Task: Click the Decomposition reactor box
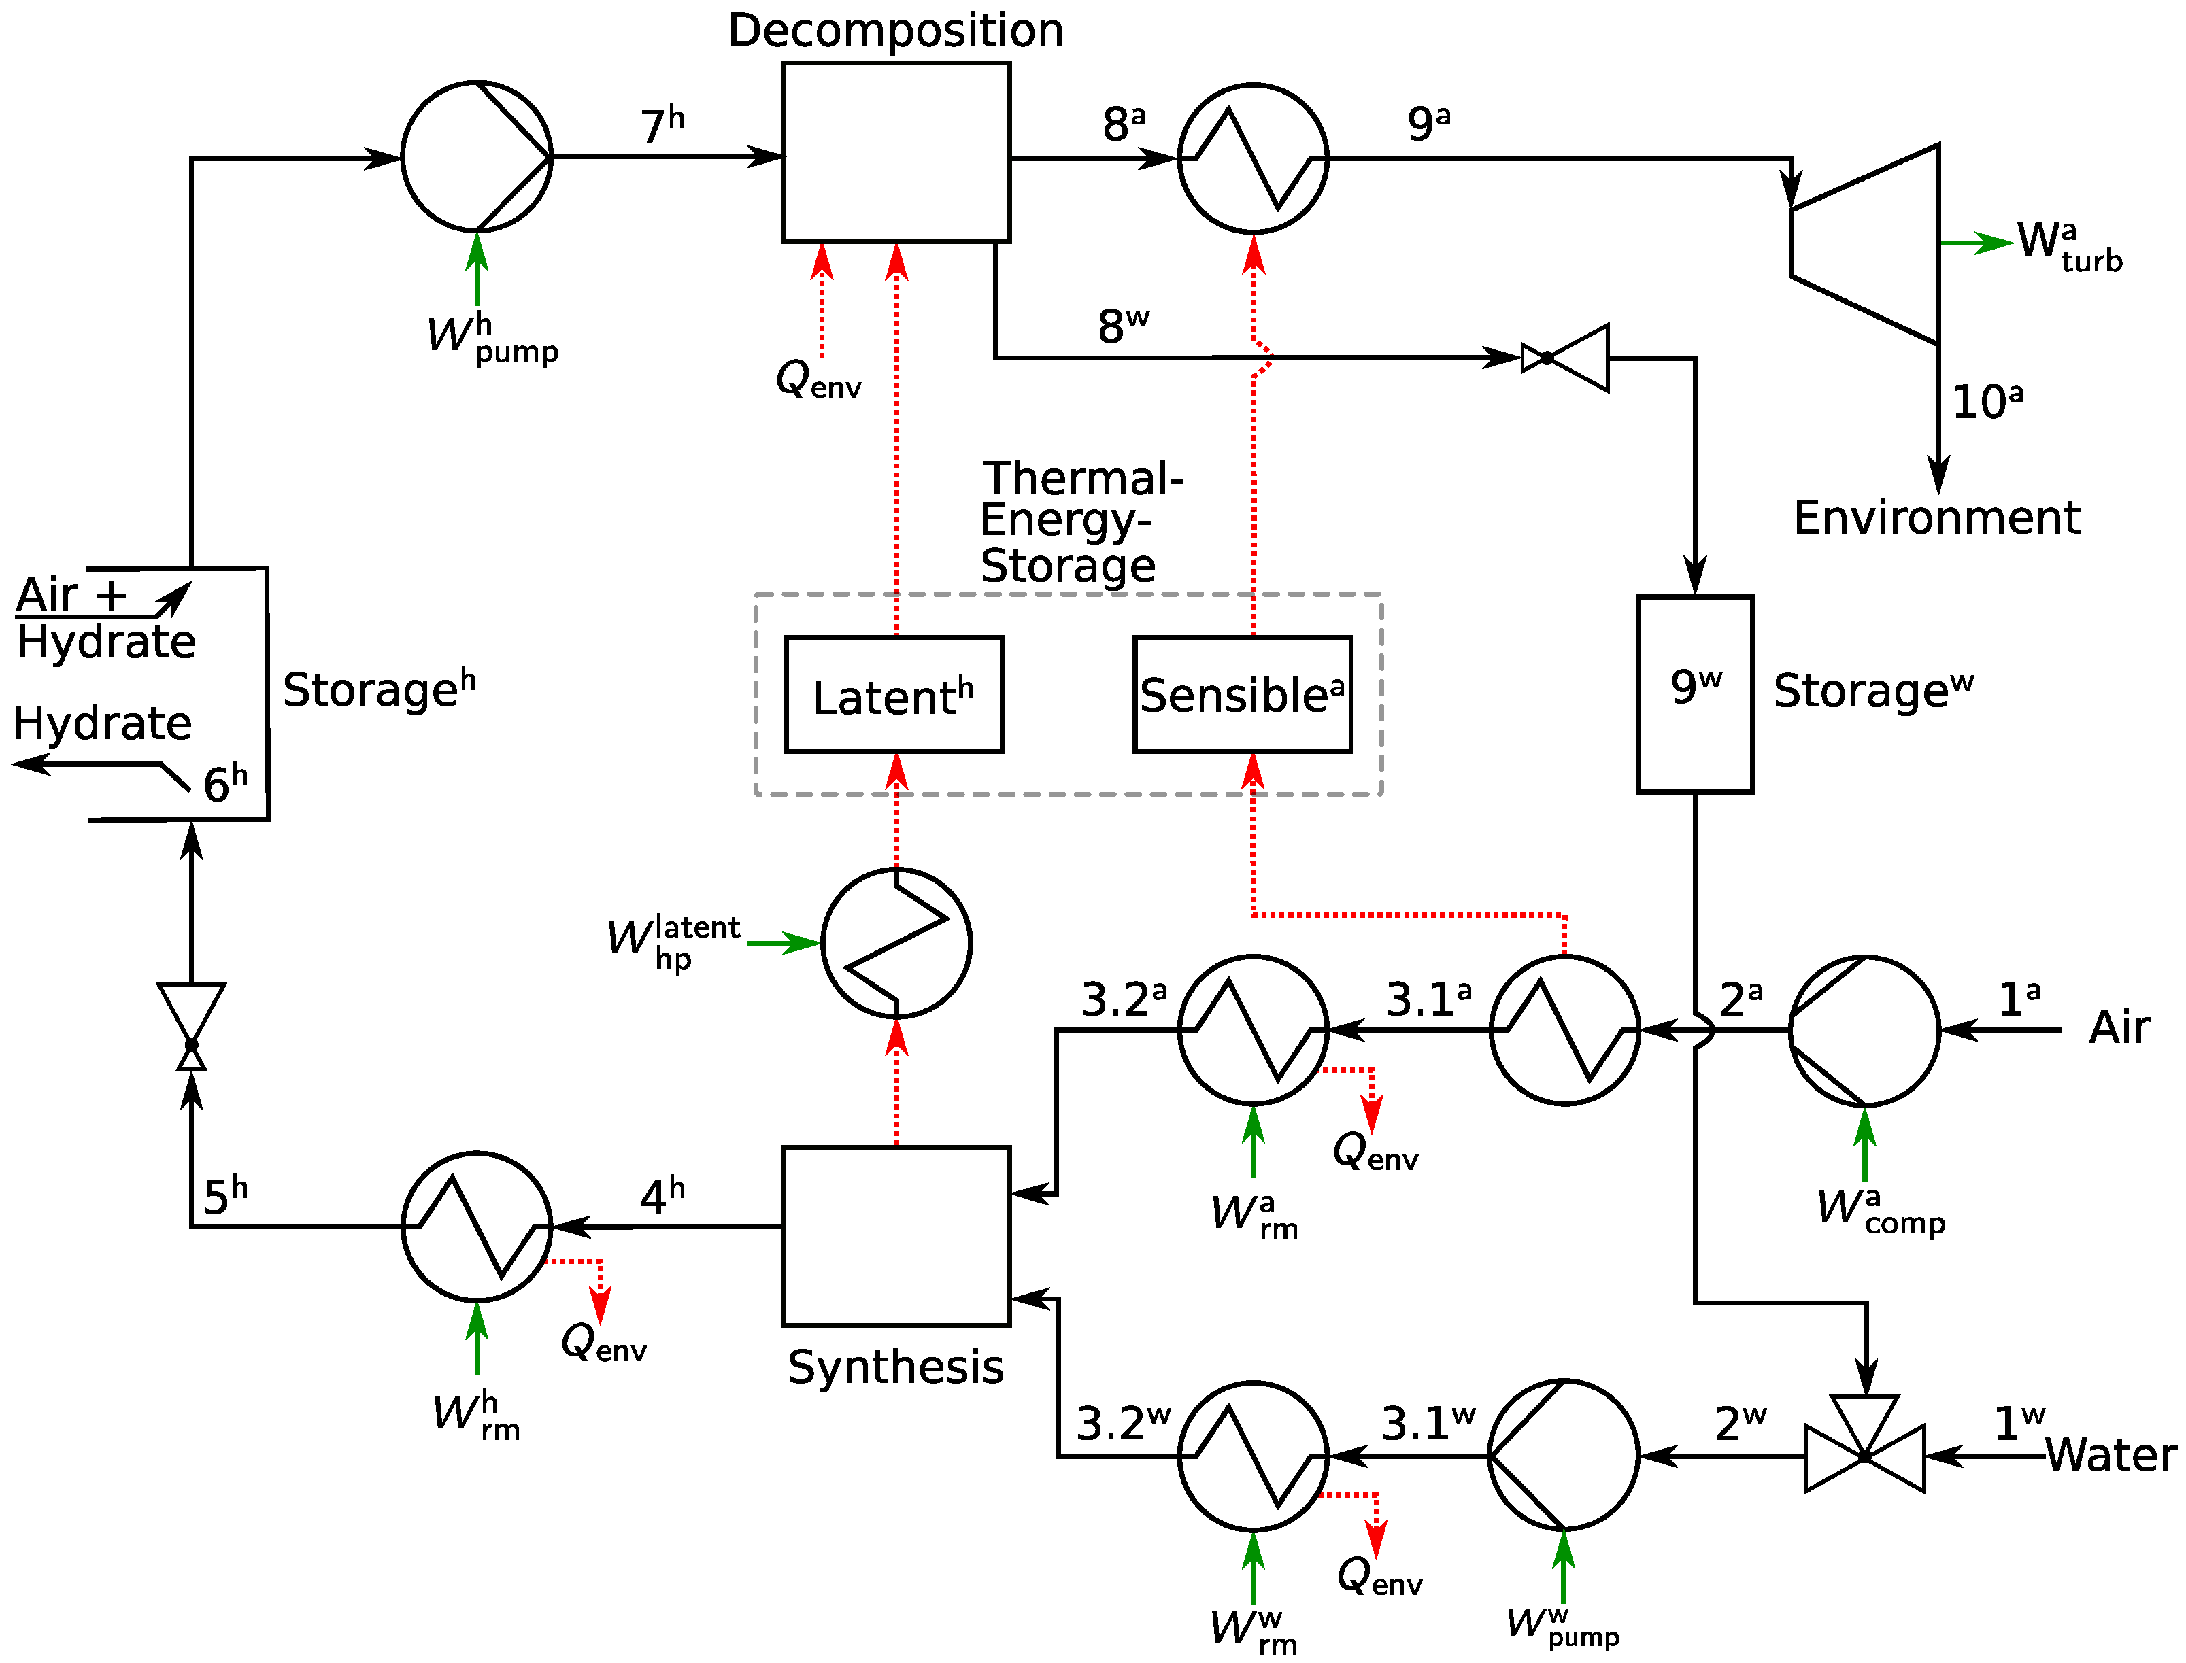pos(895,152)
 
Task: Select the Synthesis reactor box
pos(895,1235)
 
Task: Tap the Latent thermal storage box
pos(893,694)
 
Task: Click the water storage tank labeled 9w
pos(1694,693)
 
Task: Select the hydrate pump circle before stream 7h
pos(476,156)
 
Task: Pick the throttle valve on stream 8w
pos(1564,358)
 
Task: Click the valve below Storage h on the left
pos(191,1027)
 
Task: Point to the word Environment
pos(1936,517)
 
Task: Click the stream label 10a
pos(1985,401)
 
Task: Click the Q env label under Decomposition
pos(818,379)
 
